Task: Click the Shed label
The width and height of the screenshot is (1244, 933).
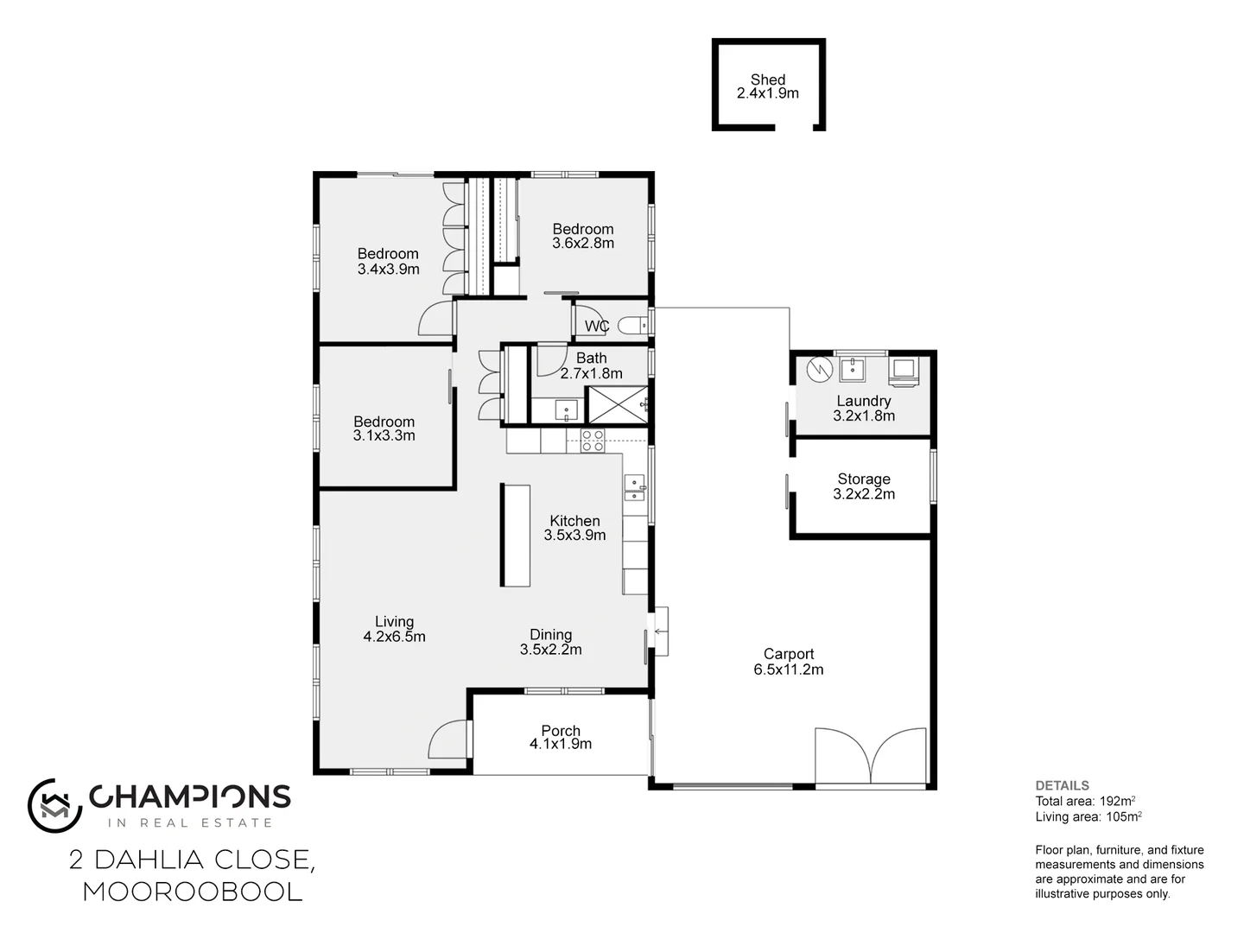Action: (x=767, y=79)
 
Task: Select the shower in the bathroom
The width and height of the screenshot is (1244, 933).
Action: (x=617, y=404)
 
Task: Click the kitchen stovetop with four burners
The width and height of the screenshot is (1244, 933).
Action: (x=593, y=441)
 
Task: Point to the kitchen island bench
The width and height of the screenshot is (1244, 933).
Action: (x=516, y=535)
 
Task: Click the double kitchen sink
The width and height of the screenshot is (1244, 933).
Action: (x=635, y=488)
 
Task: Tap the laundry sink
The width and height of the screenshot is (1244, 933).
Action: (x=852, y=370)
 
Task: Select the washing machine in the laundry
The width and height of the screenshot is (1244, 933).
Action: (x=904, y=370)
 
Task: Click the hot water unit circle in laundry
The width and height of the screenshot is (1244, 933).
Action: (x=817, y=370)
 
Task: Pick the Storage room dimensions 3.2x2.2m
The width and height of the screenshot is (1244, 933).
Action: (x=863, y=494)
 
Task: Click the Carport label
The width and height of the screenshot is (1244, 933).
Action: (x=788, y=654)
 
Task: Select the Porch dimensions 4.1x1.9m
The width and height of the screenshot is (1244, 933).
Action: (x=560, y=744)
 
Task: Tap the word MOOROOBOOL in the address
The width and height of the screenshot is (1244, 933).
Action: (x=193, y=892)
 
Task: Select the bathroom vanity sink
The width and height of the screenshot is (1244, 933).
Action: (x=567, y=410)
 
